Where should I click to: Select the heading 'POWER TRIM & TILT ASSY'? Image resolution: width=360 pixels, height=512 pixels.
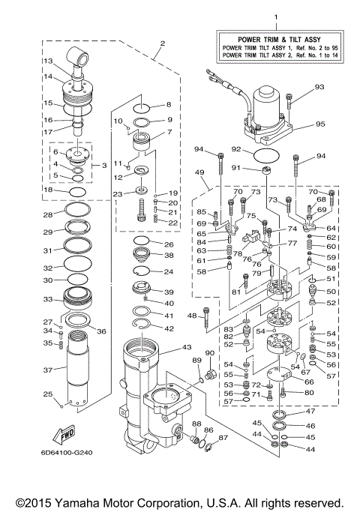click(x=274, y=38)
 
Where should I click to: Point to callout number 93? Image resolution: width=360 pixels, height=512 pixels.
click(x=319, y=88)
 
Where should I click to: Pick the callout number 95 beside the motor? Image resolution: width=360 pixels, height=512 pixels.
click(x=319, y=124)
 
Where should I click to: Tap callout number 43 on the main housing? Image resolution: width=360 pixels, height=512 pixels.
click(x=187, y=347)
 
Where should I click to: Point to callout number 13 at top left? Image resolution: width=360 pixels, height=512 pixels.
click(x=46, y=61)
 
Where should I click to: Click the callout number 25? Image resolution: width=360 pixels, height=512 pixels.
click(x=46, y=394)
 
